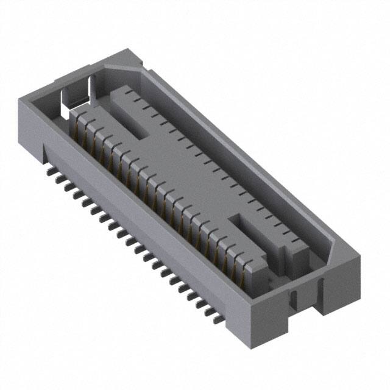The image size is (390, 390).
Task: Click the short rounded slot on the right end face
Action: point(293,299)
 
